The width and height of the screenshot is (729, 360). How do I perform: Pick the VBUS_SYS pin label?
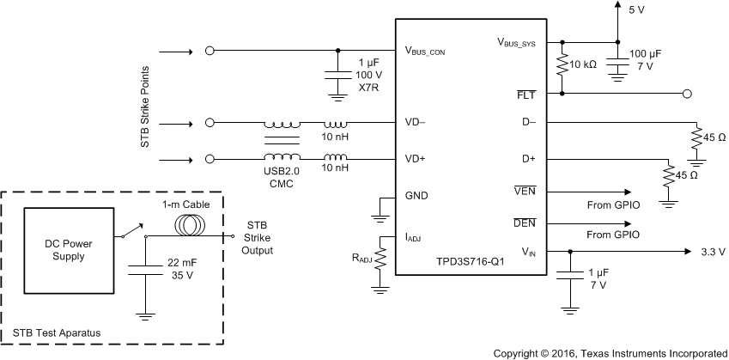click(x=522, y=41)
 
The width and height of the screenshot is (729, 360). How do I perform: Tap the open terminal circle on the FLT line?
click(x=687, y=93)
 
